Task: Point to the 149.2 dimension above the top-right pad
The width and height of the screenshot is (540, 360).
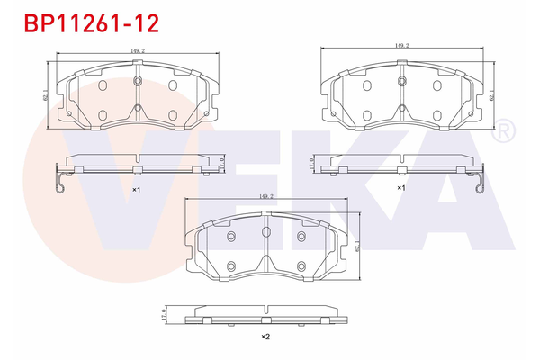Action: coord(402,45)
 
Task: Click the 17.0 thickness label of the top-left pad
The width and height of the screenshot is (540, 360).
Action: coord(221,163)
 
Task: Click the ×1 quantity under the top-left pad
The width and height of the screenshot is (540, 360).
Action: coord(136,190)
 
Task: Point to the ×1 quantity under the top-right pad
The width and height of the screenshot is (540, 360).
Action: coord(401,188)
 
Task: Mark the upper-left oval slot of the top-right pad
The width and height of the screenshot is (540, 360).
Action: coord(368,85)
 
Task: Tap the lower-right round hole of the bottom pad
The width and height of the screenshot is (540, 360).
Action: coord(300,265)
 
